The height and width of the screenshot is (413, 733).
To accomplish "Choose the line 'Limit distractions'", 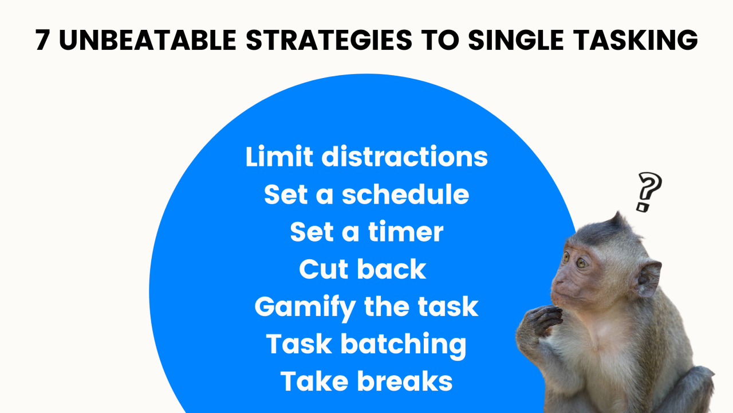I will coord(366,157).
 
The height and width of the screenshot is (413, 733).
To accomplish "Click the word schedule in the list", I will coord(405,194).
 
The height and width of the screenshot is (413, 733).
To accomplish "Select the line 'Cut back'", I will coord(362,269).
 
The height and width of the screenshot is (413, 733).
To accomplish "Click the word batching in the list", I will coord(403,344).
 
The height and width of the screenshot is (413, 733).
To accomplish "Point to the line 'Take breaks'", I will coord(366,381).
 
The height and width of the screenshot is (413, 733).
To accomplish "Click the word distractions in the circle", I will coord(404,157).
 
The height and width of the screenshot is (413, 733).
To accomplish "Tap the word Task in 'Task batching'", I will coord(299,344).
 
